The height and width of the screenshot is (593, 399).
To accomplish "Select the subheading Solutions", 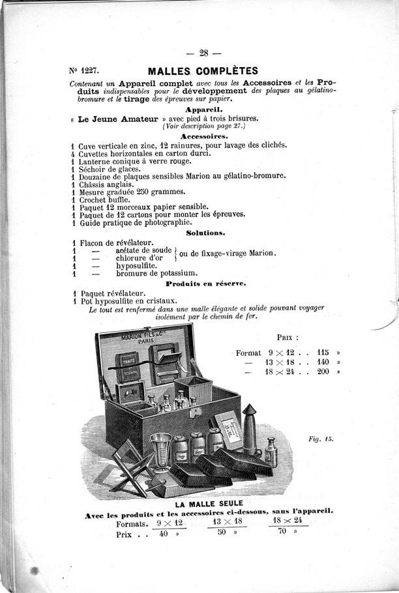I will (205, 232).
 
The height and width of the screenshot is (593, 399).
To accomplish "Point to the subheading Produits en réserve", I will (205, 284).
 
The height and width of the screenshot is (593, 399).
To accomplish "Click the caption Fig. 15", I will (321, 439).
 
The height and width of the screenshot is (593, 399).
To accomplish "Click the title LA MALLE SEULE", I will (209, 503).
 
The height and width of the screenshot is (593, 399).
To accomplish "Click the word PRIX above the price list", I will (288, 338).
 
